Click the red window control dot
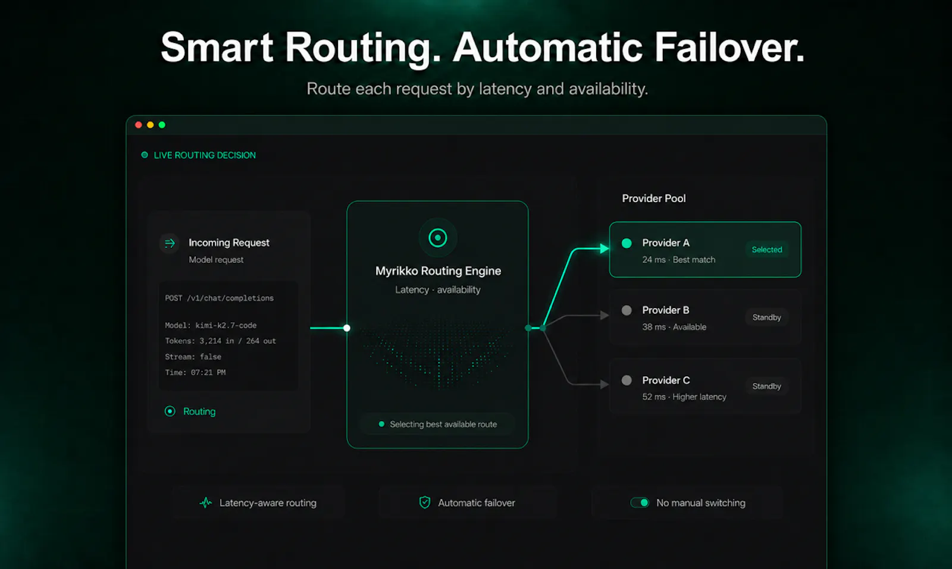[x=138, y=125]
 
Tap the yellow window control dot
[x=150, y=125]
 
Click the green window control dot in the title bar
[x=162, y=125]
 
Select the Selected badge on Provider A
[x=767, y=250]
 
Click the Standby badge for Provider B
[x=767, y=317]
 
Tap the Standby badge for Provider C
[x=767, y=386]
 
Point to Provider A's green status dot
[x=627, y=243]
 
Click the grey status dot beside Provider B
[x=627, y=310]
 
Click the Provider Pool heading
[x=654, y=199]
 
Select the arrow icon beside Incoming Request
[x=170, y=243]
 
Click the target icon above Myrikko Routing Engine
[x=438, y=238]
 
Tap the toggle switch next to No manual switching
[x=640, y=503]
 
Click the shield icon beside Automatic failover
[x=425, y=502]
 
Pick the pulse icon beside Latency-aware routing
[x=206, y=503]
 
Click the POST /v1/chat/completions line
[x=220, y=298]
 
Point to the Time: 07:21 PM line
[x=196, y=372]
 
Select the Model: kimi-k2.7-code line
[x=211, y=325]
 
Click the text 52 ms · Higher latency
[x=684, y=397]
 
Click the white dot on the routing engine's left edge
[x=347, y=328]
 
